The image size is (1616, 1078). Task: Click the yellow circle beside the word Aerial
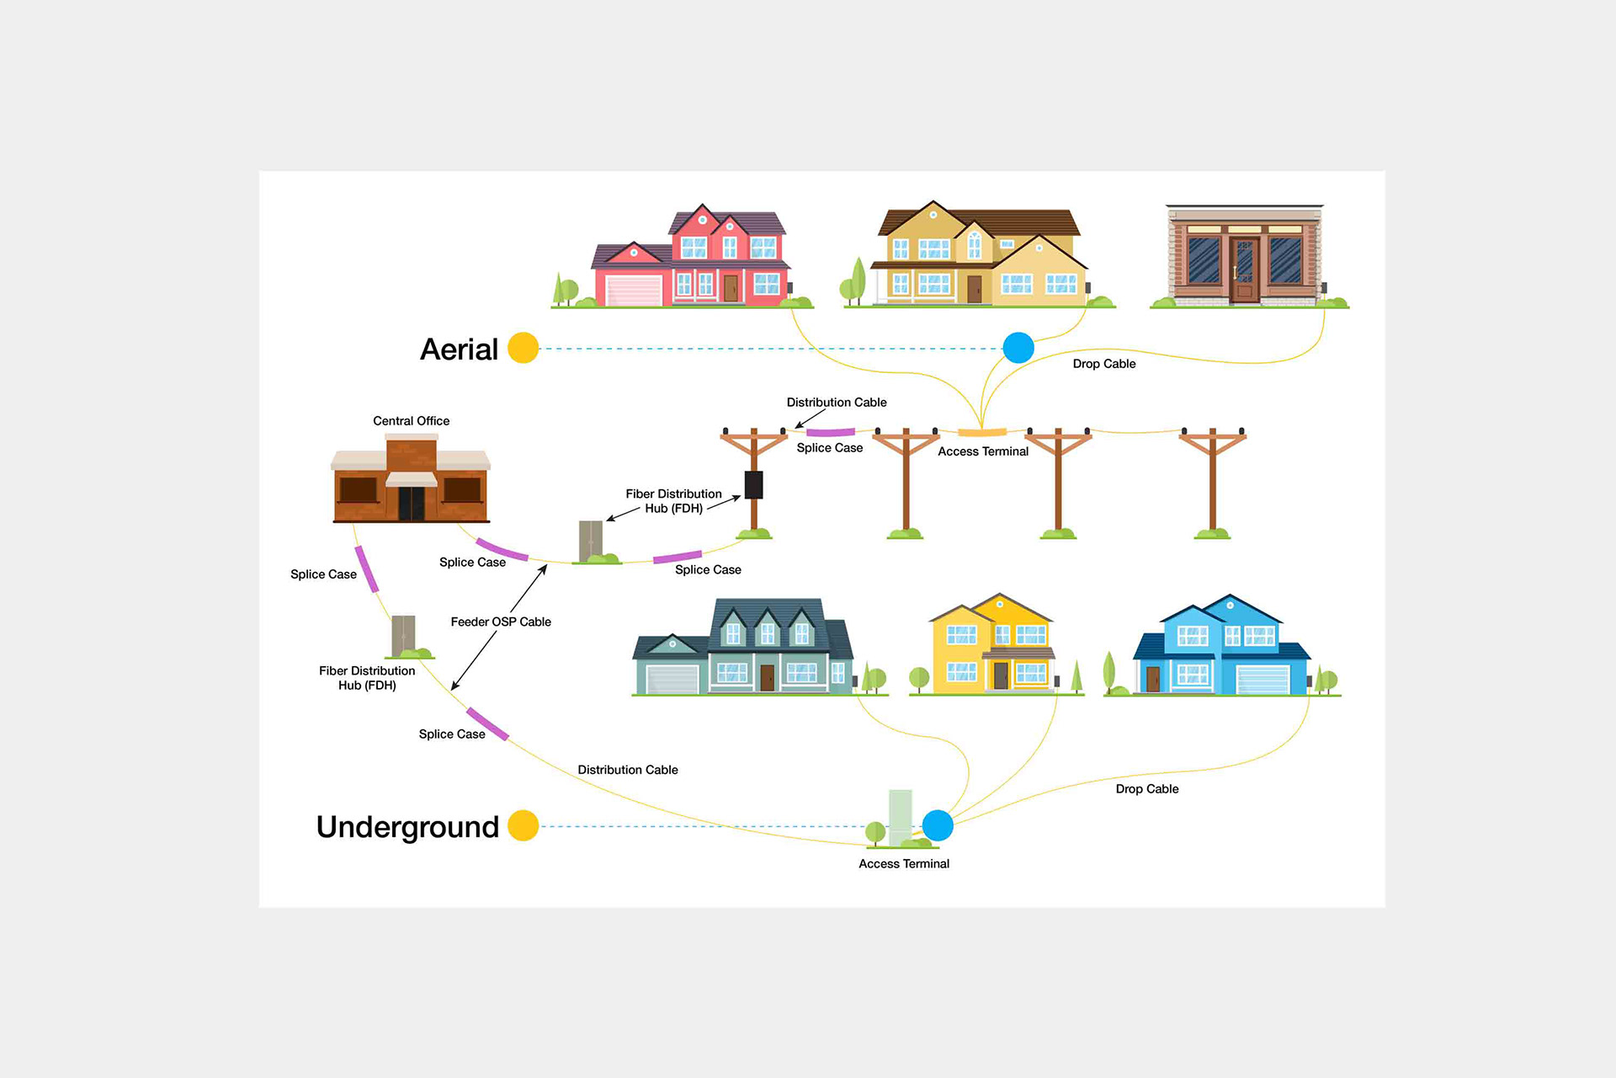[523, 348]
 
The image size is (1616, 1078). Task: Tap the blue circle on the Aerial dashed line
[1018, 348]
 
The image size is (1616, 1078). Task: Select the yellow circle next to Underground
[523, 826]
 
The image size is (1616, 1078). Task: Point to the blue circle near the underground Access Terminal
[938, 826]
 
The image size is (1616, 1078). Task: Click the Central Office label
[411, 421]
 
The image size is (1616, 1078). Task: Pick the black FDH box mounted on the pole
[753, 485]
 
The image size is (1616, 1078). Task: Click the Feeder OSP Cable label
[501, 622]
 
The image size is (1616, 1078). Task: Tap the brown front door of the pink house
[731, 288]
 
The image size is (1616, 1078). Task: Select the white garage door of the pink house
[635, 291]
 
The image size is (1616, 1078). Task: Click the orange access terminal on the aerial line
[982, 433]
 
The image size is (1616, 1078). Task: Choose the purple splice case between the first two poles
[830, 433]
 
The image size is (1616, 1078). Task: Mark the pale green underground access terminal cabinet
[901, 814]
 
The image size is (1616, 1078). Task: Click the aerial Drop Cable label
[1104, 364]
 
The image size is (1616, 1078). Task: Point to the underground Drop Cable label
[1147, 789]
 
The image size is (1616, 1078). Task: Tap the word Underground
[407, 827]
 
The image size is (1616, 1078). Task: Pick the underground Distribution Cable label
[628, 770]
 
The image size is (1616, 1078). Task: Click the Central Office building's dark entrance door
[412, 504]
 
